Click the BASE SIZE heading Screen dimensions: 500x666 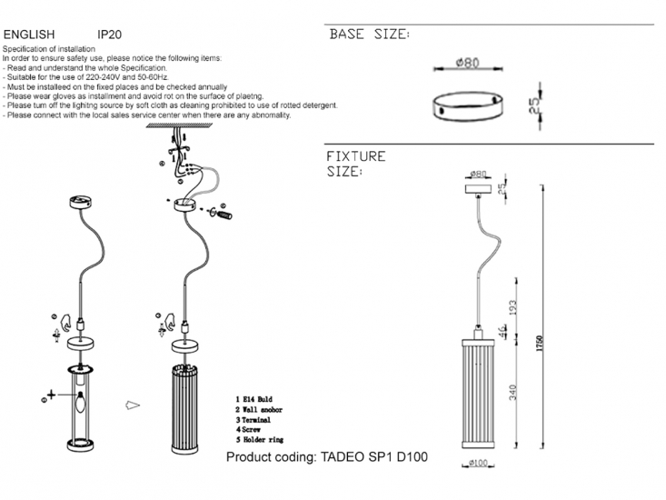coord(369,35)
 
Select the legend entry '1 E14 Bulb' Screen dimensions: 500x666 coord(255,399)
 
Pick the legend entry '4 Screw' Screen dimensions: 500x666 coord(251,432)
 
